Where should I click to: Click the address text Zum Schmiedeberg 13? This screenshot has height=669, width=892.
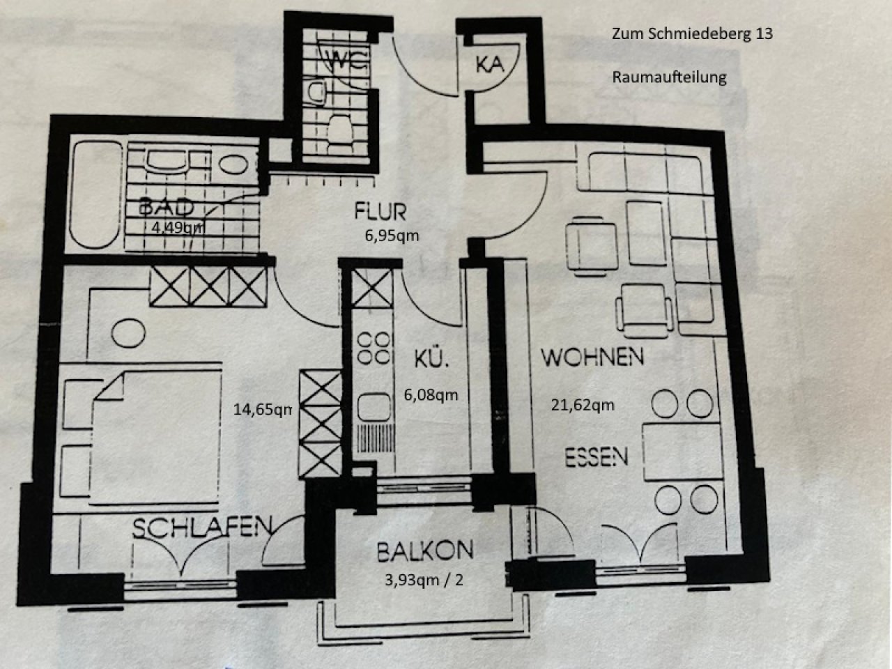692,33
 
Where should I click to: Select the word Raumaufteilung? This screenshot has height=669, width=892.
669,77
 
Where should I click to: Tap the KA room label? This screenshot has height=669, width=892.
490,64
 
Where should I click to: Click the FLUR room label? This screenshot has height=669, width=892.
380,212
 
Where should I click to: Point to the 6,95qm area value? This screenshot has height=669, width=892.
392,236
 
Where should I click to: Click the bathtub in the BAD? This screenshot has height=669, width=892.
96,194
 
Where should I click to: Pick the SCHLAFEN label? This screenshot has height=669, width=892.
202,528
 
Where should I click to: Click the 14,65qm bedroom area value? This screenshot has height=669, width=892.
263,410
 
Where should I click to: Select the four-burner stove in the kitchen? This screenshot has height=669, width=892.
374,348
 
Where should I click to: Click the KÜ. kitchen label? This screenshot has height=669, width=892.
431,359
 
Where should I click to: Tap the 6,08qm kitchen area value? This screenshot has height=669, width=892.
431,395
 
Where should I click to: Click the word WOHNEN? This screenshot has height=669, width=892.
592,357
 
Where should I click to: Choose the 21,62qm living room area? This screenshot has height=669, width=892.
583,405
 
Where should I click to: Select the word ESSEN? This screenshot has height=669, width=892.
597,457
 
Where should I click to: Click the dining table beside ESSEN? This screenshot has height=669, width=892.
682,452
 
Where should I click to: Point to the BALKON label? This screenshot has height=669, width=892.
425,551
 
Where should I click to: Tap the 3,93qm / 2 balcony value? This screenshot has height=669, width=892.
424,580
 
